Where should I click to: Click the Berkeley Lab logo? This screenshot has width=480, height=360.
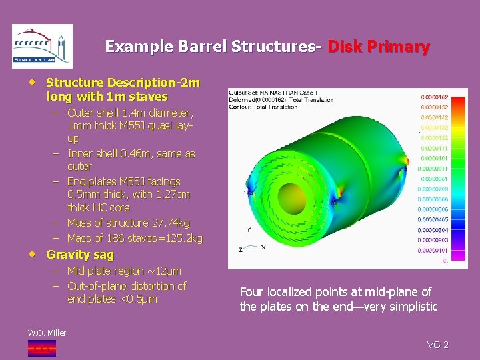click(x=42, y=46)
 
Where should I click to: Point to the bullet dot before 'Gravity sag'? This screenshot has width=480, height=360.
click(x=33, y=255)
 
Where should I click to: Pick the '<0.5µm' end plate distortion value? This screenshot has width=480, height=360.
click(x=139, y=299)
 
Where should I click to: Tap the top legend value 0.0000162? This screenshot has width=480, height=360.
click(x=433, y=97)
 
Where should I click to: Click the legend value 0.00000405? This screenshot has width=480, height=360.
click(x=433, y=219)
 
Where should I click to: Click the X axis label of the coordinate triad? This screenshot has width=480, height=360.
click(x=263, y=247)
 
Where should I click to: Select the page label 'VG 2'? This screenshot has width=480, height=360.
click(x=437, y=345)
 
